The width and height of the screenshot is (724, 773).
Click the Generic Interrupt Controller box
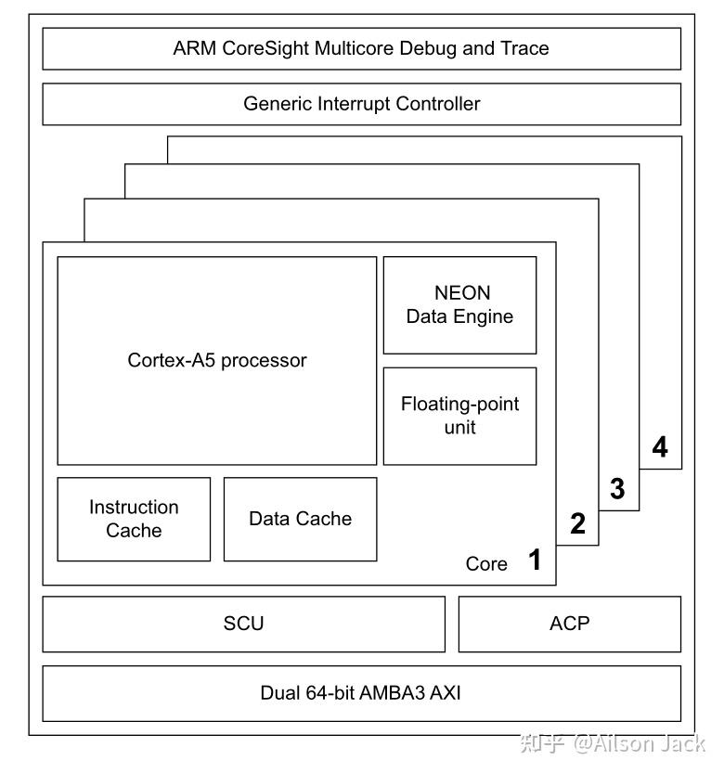[361, 104]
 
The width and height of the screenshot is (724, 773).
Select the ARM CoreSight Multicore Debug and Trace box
[361, 48]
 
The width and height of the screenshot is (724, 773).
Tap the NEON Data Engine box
[459, 305]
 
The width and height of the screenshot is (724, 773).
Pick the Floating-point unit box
[459, 416]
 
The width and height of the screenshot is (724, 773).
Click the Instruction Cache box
[134, 519]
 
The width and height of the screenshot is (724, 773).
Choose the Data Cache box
[300, 519]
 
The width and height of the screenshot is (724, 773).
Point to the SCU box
[243, 624]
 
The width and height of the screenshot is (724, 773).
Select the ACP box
[569, 624]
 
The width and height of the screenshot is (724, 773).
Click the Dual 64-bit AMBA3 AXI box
[361, 693]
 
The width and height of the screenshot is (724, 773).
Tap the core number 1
[535, 560]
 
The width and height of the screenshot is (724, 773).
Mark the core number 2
[577, 524]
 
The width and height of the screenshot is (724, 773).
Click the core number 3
[617, 488]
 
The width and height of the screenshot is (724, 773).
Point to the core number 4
[659, 448]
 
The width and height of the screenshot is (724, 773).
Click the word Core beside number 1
[486, 564]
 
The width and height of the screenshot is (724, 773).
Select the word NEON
[461, 293]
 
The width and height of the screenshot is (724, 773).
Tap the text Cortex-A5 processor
[216, 360]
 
